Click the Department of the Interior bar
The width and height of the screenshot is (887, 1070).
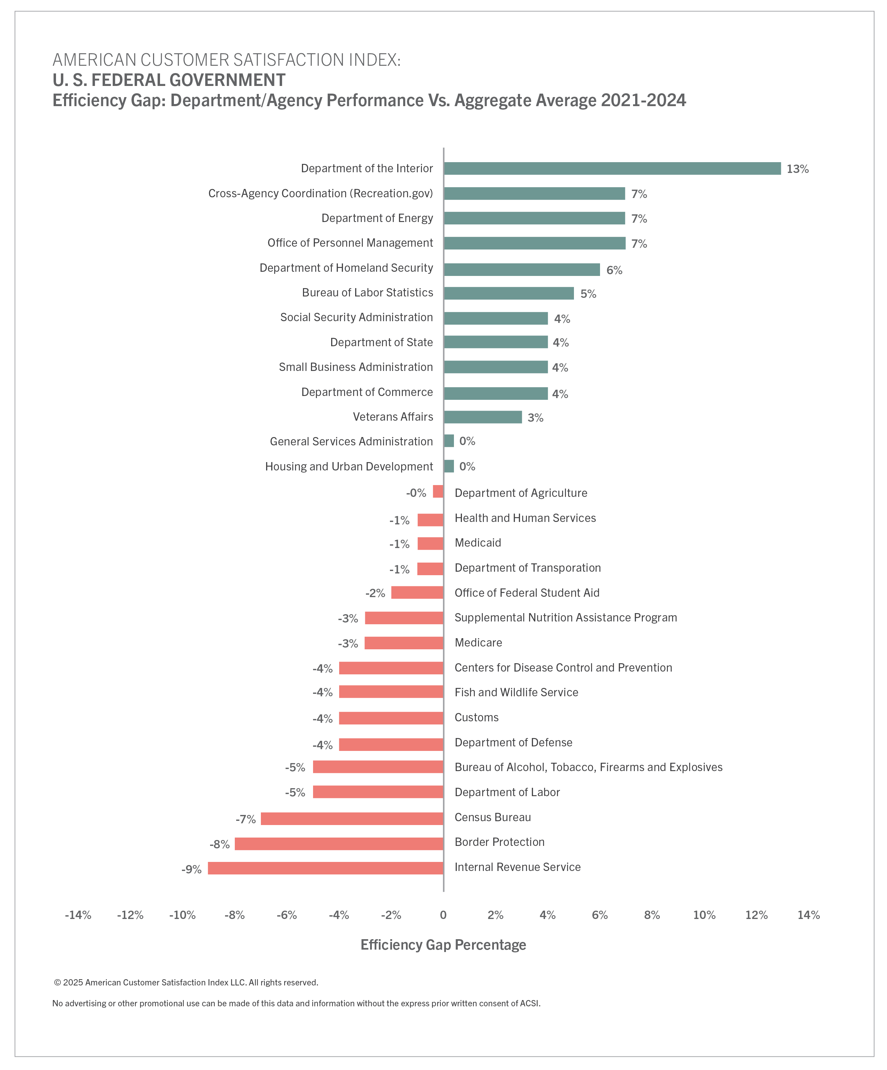pos(612,169)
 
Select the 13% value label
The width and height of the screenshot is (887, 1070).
pos(797,169)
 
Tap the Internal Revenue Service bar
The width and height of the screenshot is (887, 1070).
pos(326,868)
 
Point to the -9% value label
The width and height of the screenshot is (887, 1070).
pos(192,869)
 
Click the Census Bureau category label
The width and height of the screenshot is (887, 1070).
pos(493,817)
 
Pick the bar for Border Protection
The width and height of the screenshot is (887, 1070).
pos(339,844)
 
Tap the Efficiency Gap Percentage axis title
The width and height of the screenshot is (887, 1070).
pos(443,945)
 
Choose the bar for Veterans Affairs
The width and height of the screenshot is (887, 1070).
pos(482,417)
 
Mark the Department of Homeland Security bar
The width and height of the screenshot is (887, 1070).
pos(522,270)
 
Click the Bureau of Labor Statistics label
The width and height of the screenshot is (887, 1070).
pos(367,292)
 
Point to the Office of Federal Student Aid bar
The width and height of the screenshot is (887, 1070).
pos(417,593)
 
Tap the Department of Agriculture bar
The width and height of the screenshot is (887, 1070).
pos(438,492)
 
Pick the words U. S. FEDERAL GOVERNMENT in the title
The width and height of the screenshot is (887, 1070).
pos(169,80)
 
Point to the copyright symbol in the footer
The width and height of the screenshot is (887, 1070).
pos(58,982)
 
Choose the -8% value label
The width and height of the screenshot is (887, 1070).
pos(219,844)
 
